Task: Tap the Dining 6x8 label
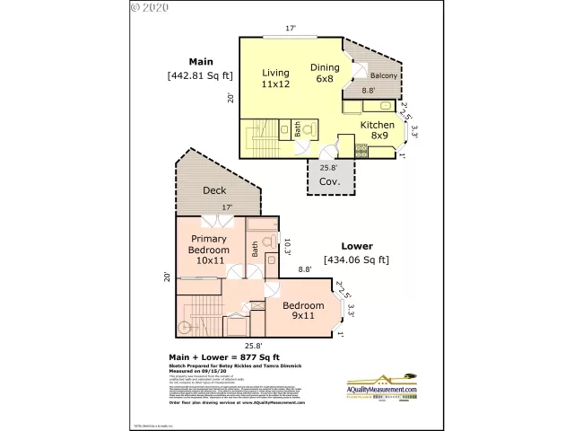tap(324, 73)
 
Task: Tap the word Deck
tap(213, 190)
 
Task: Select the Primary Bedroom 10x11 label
tap(209, 250)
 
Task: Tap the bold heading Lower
tap(356, 245)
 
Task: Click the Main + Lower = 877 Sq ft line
tap(224, 356)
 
